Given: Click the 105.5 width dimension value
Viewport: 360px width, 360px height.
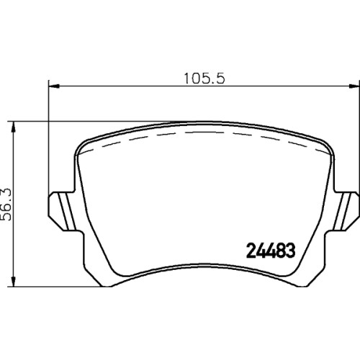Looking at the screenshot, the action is pos(204,78).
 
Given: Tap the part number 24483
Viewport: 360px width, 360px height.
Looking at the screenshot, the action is pos(271,251).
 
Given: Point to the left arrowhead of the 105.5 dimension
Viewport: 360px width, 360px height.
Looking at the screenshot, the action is pos(54,86).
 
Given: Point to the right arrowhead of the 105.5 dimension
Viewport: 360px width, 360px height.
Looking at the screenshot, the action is pos(354,86).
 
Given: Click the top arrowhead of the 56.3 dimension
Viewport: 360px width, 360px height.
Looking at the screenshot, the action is pos(14,127).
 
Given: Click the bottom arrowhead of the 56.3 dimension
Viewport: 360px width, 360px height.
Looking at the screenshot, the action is pos(14,282).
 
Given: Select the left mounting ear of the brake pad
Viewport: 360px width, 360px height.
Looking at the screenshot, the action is pos(63,211).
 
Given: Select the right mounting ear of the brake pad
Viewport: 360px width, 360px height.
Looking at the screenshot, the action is pos(345,211).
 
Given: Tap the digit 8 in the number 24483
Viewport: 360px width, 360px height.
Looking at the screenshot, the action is pos(280,251).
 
